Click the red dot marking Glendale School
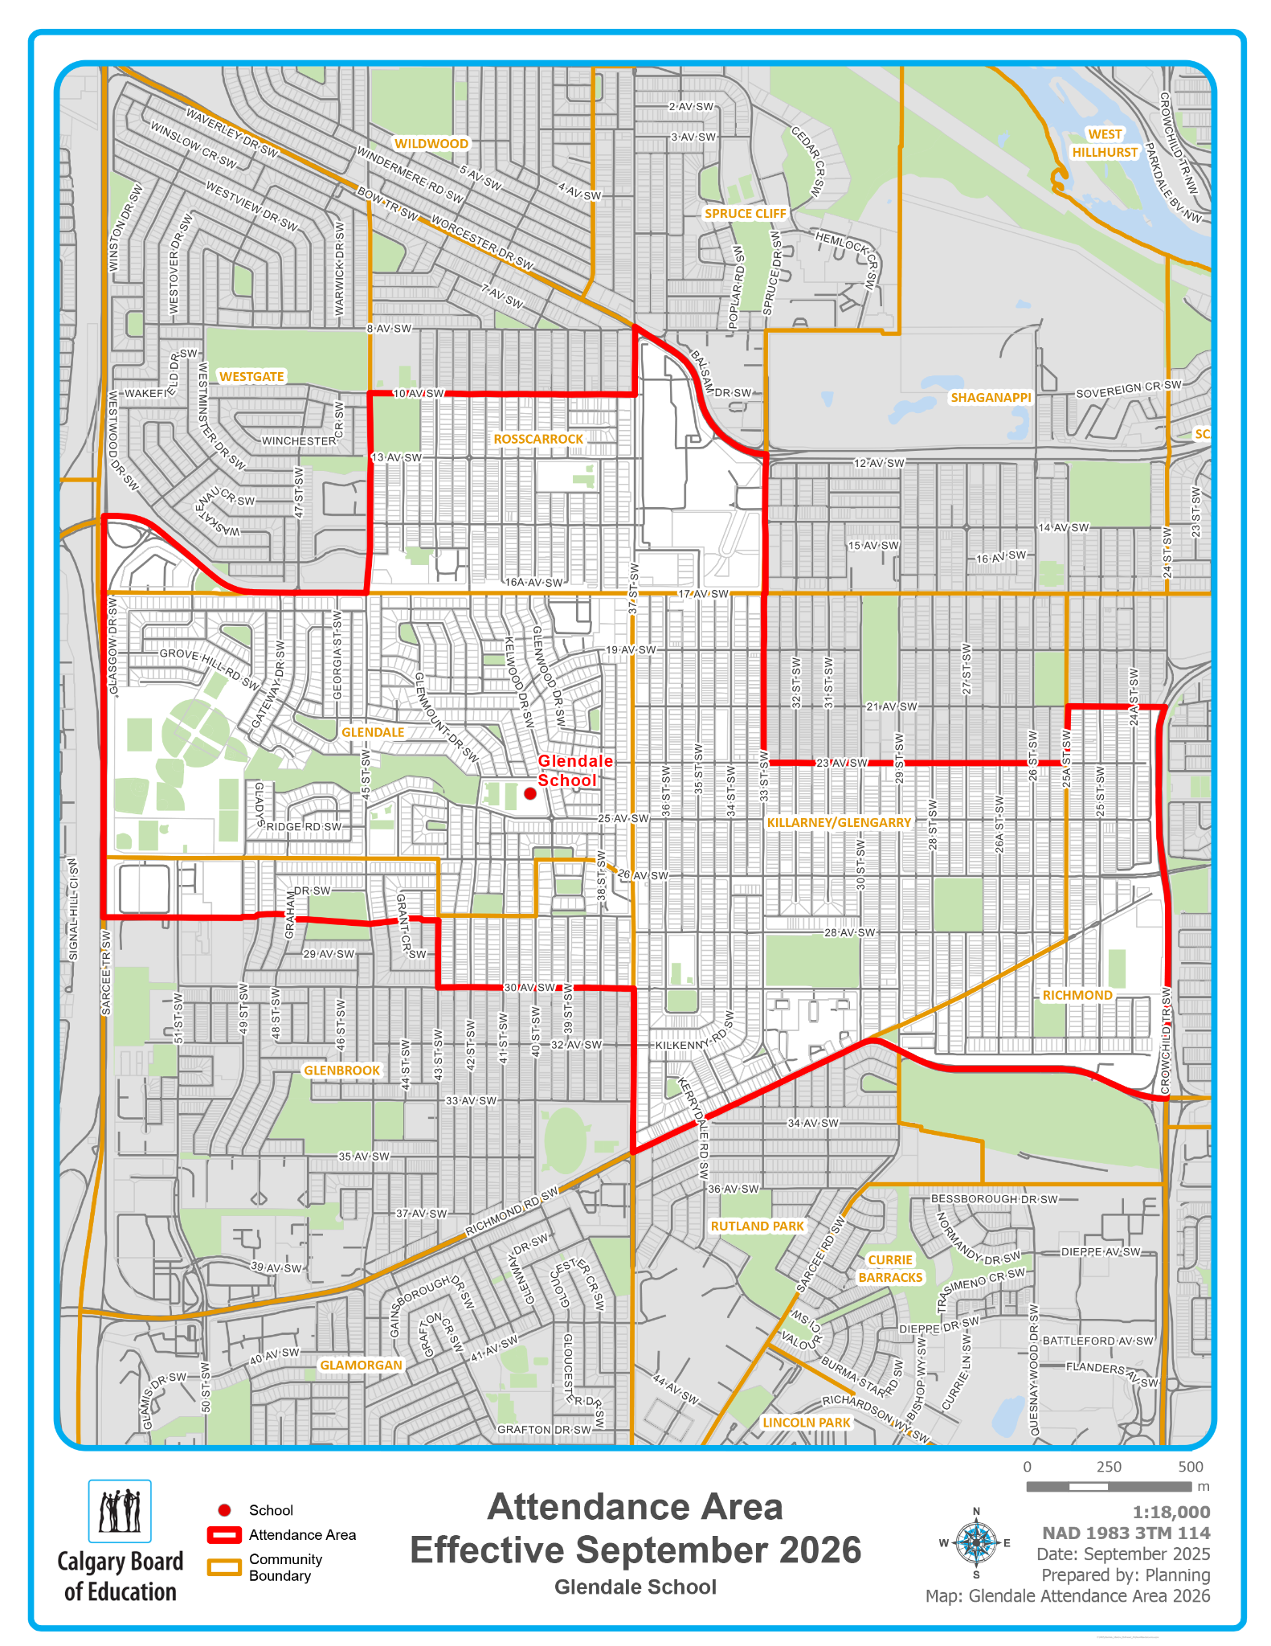point(530,793)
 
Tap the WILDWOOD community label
point(431,144)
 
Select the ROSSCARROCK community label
point(538,439)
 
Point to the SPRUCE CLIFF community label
point(746,213)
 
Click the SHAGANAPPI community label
point(991,397)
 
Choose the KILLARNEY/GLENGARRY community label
point(839,822)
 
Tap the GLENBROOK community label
point(341,1071)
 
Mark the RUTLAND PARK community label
point(757,1226)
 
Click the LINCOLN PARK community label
point(806,1422)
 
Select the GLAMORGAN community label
point(361,1365)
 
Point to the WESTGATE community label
point(251,376)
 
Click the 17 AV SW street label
point(703,594)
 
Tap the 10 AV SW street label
point(419,394)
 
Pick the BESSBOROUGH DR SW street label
point(994,1199)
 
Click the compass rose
point(976,1542)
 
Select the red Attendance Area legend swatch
point(224,1535)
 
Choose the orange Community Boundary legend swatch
point(224,1567)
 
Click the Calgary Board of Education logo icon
point(120,1511)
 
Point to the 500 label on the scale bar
point(1191,1467)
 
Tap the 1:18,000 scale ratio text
point(1171,1512)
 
